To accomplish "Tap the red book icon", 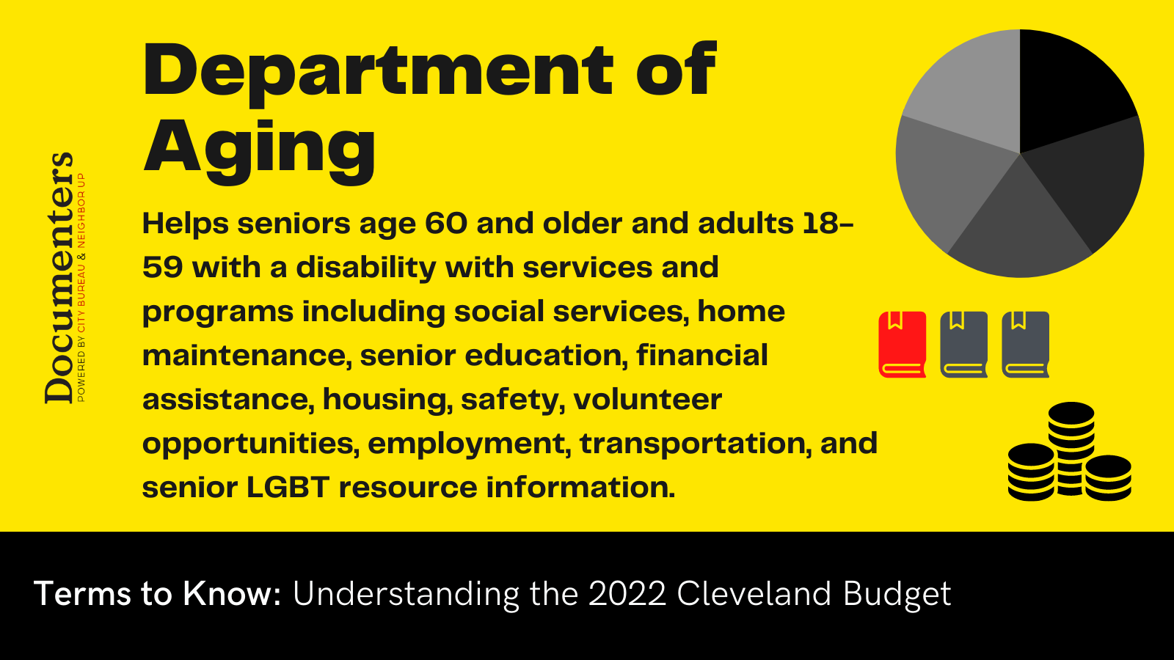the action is tap(903, 344).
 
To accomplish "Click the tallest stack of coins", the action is tap(1071, 448).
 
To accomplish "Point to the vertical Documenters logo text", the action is tap(59, 278).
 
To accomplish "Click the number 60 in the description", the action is tap(445, 224).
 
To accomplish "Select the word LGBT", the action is tap(288, 487).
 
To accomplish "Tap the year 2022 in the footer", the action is tap(627, 594).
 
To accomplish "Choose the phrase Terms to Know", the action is tap(158, 594).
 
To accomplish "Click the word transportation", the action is tap(692, 444).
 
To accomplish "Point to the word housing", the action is tap(387, 400).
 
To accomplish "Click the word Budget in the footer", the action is tap(897, 595).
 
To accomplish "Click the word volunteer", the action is tap(648, 399).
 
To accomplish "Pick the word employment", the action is tap(469, 444).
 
